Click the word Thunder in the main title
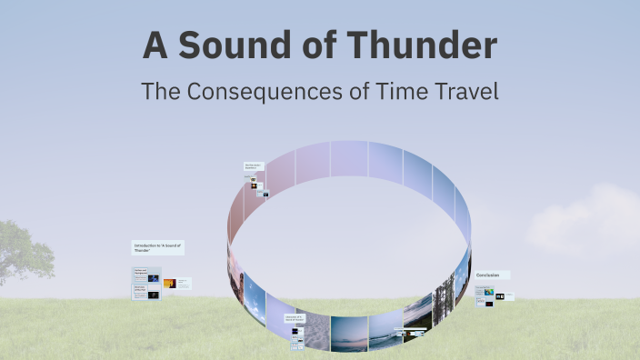[420, 45]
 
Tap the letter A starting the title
[155, 45]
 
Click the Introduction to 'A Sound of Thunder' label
[158, 247]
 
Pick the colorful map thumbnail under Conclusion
[489, 293]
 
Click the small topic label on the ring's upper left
[253, 167]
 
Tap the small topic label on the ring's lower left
[295, 318]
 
